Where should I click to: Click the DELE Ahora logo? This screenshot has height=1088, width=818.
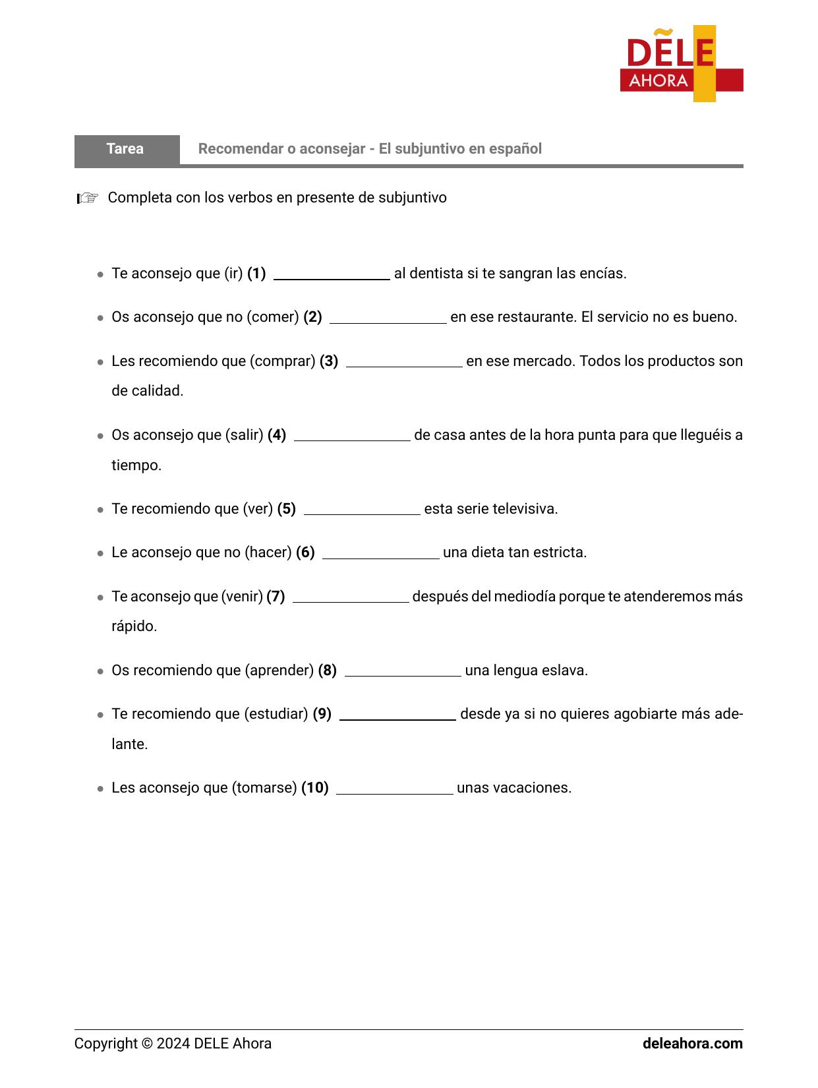pos(681,64)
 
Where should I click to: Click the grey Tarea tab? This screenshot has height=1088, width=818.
pos(126,149)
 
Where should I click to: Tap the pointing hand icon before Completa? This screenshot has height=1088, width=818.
pos(87,198)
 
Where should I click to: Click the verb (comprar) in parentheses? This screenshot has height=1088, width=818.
pos(282,361)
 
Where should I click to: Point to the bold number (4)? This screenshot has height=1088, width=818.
pos(277,435)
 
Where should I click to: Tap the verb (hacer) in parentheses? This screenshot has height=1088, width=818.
pos(268,553)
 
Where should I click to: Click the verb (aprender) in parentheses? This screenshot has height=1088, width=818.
pos(279,671)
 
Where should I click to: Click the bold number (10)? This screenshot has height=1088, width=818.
pos(315,788)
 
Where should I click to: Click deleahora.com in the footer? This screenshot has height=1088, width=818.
pos(692,1044)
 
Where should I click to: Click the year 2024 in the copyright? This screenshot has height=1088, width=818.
pos(173,1044)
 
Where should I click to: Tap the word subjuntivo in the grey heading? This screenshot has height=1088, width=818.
pos(429,149)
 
